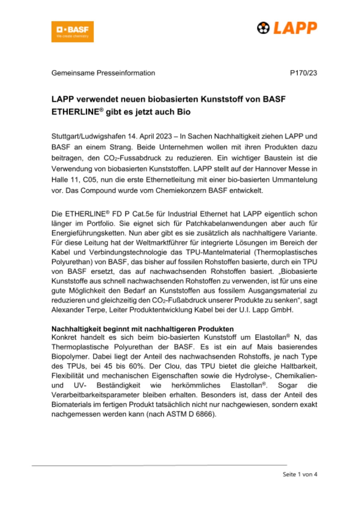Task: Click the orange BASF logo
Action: [x=72, y=31]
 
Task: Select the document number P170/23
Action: [x=304, y=73]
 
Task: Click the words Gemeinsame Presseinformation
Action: [x=103, y=73]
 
